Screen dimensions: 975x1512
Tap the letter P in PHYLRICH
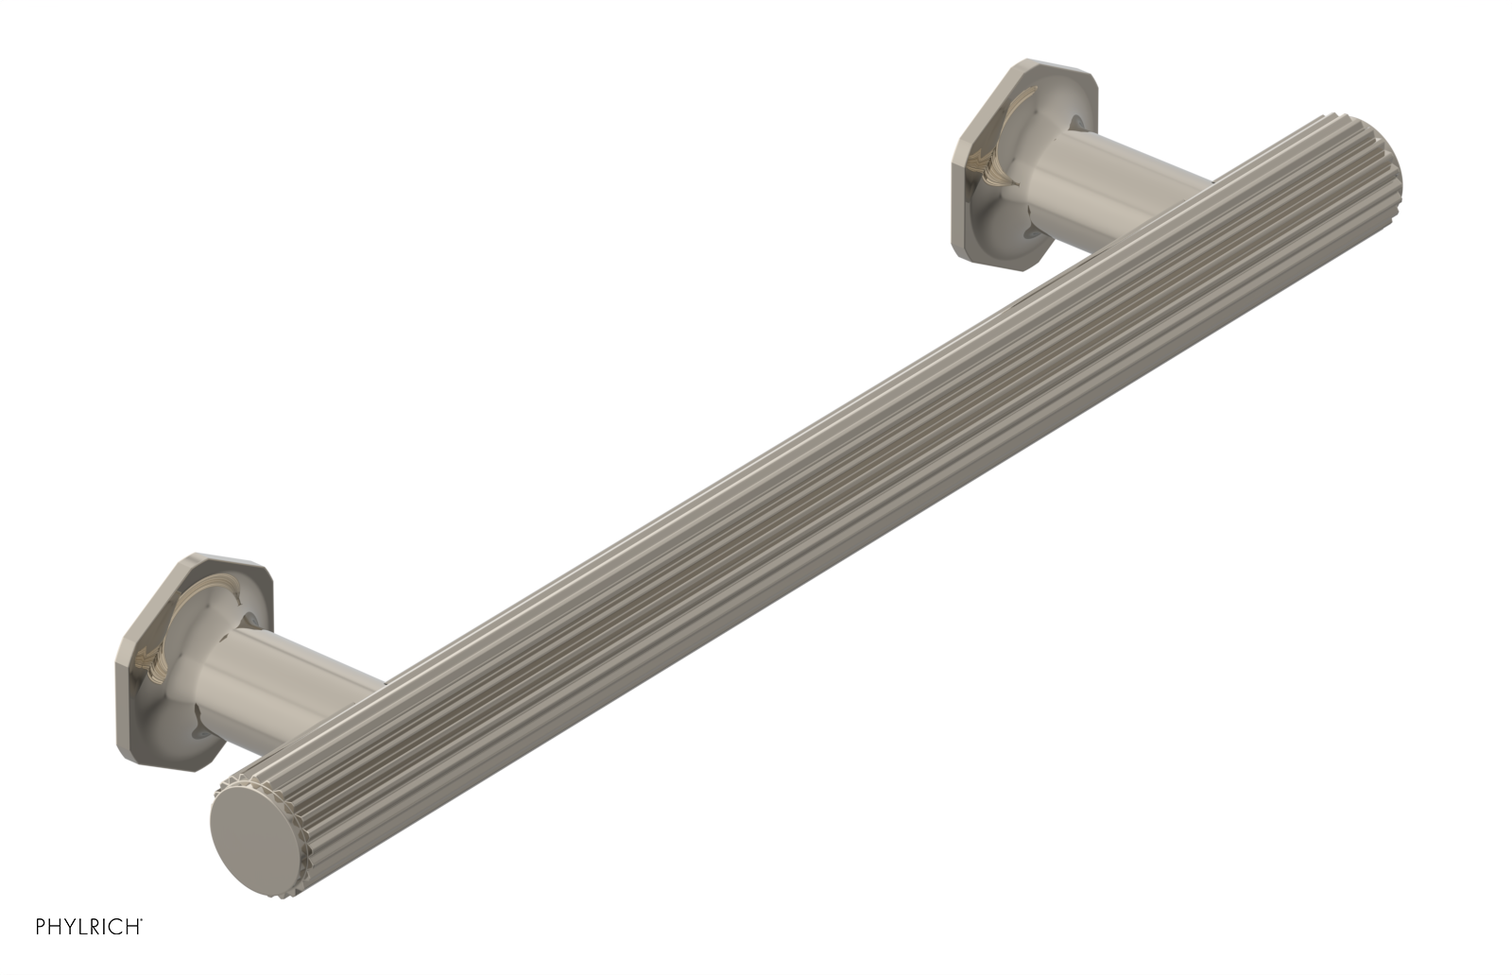click(x=41, y=926)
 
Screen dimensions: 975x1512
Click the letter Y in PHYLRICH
click(x=70, y=926)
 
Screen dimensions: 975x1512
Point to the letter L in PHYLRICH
click(x=82, y=926)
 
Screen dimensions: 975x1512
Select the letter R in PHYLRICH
click(x=94, y=926)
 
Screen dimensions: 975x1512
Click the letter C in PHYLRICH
click(x=115, y=926)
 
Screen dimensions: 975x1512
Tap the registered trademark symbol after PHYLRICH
click(x=141, y=919)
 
